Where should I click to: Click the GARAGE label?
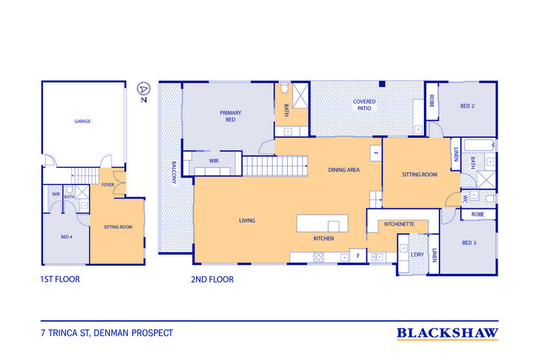point(83,121)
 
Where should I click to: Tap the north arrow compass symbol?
point(144,89)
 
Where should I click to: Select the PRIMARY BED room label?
point(230,116)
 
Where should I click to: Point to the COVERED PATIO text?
point(364,105)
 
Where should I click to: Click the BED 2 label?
point(468,106)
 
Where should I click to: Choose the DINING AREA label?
point(344,169)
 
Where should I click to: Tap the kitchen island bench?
point(323,223)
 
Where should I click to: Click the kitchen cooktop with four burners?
point(319,257)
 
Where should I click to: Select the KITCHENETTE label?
point(399,224)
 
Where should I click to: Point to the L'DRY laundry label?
point(417,255)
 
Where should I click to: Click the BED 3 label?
point(469,243)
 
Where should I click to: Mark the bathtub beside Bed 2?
point(478,146)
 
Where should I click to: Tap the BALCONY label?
point(174,172)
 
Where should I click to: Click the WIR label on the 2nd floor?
point(213,161)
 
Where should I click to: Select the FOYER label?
point(108,185)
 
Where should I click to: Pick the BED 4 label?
point(66,237)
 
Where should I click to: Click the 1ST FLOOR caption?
point(60,279)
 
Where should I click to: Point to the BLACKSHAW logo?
point(447,333)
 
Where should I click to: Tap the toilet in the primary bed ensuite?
point(284,88)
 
